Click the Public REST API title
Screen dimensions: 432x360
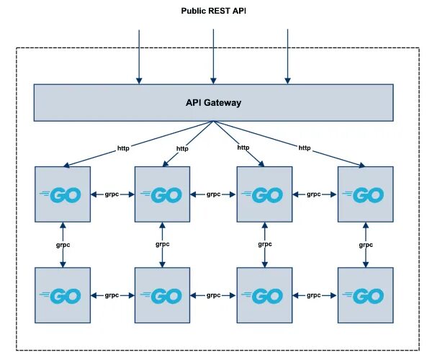(x=214, y=11)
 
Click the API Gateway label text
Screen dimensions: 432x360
(x=214, y=103)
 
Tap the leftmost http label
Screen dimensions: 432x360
(x=123, y=148)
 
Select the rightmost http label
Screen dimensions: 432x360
(x=305, y=148)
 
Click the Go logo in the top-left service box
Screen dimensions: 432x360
(x=60, y=194)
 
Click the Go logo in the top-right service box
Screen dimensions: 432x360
(x=363, y=194)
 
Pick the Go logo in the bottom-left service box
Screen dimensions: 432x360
(x=60, y=296)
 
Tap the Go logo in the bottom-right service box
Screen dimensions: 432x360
(x=363, y=296)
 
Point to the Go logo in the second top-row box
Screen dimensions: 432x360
(x=161, y=194)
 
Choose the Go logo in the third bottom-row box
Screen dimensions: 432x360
(x=262, y=296)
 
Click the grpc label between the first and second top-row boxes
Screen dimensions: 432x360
(x=112, y=194)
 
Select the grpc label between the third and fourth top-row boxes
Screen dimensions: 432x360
(x=313, y=194)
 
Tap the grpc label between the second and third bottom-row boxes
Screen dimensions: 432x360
(x=214, y=295)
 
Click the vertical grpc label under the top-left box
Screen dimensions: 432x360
(x=63, y=245)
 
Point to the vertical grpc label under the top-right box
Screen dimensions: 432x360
(x=366, y=245)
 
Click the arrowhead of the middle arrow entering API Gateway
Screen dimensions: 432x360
(x=213, y=81)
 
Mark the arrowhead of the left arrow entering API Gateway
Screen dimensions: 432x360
(x=139, y=81)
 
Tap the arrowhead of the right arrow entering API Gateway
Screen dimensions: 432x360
(x=287, y=81)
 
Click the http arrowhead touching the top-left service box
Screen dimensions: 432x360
(x=67, y=165)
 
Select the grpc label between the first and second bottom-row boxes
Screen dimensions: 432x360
(x=112, y=295)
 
